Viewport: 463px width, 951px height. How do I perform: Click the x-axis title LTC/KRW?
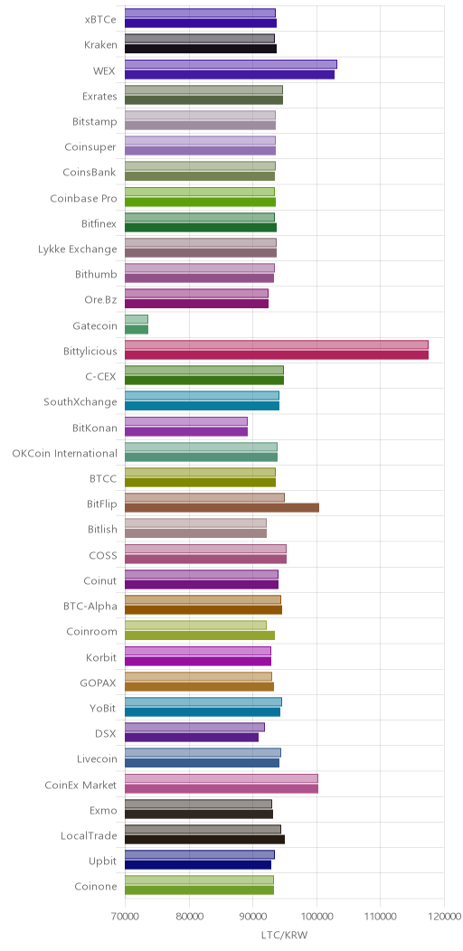click(x=284, y=935)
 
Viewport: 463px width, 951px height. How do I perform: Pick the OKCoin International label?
click(x=65, y=453)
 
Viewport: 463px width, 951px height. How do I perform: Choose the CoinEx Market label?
click(x=80, y=785)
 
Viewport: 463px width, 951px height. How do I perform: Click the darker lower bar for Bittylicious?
click(x=277, y=355)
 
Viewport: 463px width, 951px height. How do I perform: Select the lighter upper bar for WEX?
click(x=231, y=64)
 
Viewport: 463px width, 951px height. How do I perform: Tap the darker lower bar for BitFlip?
click(x=222, y=508)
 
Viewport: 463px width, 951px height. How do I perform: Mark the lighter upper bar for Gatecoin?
click(x=137, y=319)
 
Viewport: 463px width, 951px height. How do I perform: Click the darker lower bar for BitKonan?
click(x=186, y=432)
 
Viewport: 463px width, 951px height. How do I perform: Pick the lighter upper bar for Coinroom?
click(x=195, y=625)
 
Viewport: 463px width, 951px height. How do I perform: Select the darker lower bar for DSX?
click(x=192, y=738)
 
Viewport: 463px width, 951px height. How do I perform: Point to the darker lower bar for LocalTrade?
click(x=204, y=840)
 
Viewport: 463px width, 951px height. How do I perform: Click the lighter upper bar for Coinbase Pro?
click(x=200, y=192)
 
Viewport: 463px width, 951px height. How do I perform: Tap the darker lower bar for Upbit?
click(x=198, y=865)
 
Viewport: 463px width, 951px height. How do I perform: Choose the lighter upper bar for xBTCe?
click(x=200, y=13)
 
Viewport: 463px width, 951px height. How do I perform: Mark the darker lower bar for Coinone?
click(x=200, y=890)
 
